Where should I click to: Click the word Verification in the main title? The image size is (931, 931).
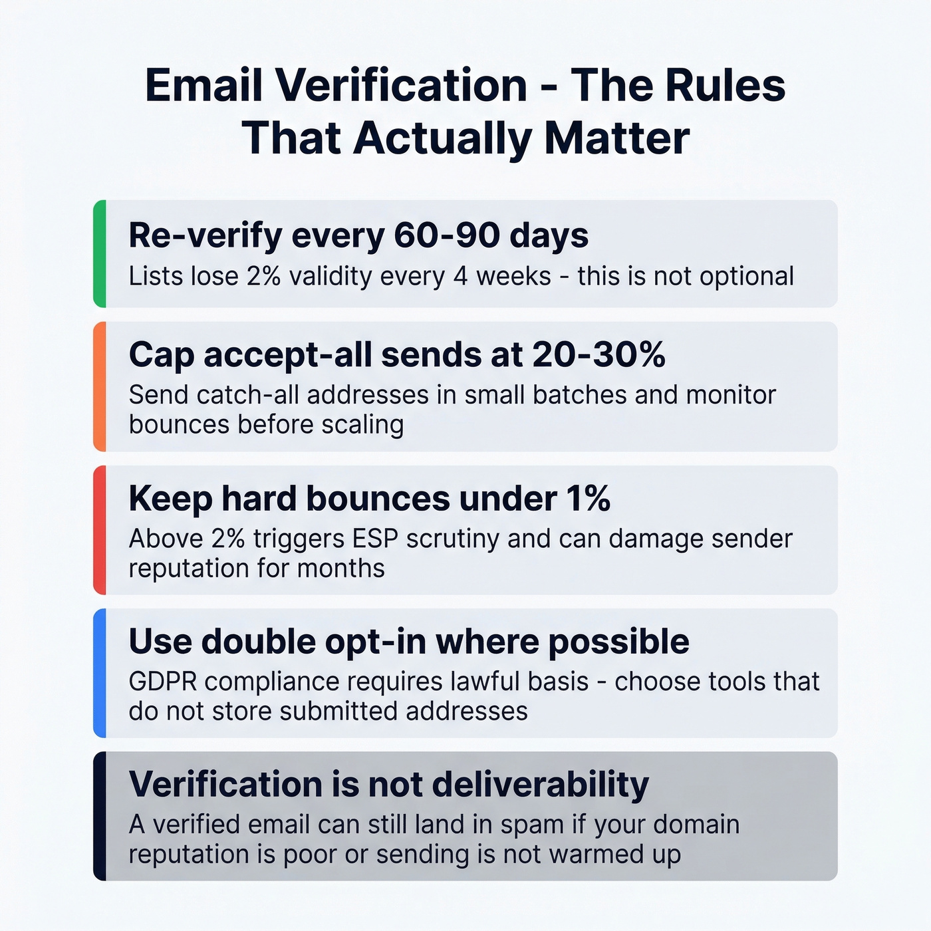pyautogui.click(x=401, y=86)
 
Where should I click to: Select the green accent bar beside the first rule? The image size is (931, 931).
pyautogui.click(x=100, y=253)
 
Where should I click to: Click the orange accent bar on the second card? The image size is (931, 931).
pyautogui.click(x=100, y=386)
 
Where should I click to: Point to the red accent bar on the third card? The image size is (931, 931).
pyautogui.click(x=100, y=530)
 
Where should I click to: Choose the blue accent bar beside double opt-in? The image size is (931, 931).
pyautogui.click(x=100, y=673)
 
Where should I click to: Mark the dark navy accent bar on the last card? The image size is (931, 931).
pyautogui.click(x=100, y=816)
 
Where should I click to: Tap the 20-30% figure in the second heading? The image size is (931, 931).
pyautogui.click(x=598, y=354)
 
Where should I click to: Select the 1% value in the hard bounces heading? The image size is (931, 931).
pyautogui.click(x=588, y=498)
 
